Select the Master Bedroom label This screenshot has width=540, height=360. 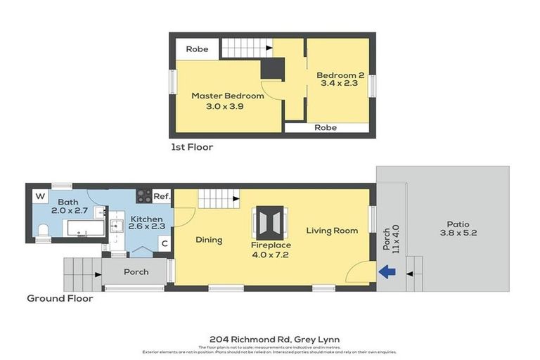[228, 96]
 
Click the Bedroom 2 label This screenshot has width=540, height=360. [339, 75]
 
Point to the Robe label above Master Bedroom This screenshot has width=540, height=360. [197, 49]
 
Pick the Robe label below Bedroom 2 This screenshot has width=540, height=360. [326, 128]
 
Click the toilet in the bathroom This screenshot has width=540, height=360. [44, 229]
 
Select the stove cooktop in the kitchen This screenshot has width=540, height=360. [143, 196]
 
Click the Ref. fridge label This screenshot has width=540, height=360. [162, 197]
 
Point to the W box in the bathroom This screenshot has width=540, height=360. [39, 196]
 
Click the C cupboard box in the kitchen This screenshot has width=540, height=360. [163, 244]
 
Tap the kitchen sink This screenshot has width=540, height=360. [117, 227]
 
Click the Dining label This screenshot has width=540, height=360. [209, 240]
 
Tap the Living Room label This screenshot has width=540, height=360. [332, 230]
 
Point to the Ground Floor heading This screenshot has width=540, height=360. [60, 298]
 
